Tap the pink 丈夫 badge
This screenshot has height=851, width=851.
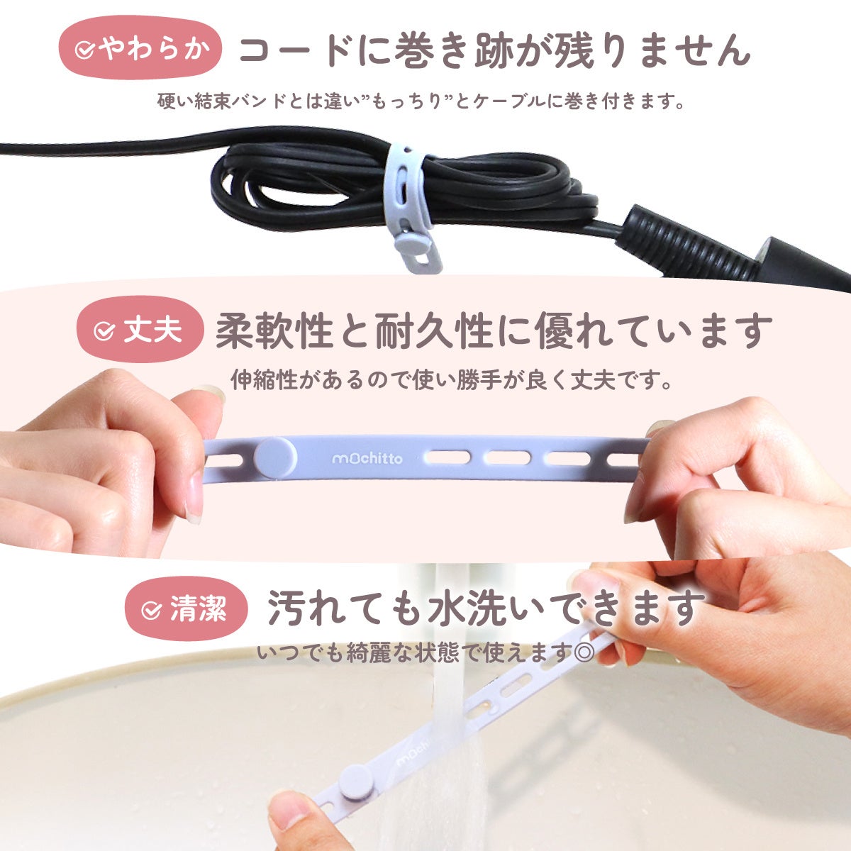[x=140, y=329]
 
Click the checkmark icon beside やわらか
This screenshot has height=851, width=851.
[x=84, y=50]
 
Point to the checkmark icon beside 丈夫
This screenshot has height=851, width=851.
[x=104, y=330]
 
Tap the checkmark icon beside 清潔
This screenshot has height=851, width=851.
[x=151, y=611]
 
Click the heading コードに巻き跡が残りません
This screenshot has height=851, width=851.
[x=494, y=50]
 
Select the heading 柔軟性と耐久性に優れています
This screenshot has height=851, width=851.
[x=494, y=330]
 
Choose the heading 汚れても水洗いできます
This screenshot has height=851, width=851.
[x=486, y=608]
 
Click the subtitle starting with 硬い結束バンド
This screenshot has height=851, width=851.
[x=421, y=101]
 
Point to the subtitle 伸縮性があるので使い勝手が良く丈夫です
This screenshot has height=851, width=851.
[x=451, y=379]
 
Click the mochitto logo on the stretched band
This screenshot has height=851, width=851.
[x=367, y=459]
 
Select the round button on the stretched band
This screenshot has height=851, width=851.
[x=276, y=459]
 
